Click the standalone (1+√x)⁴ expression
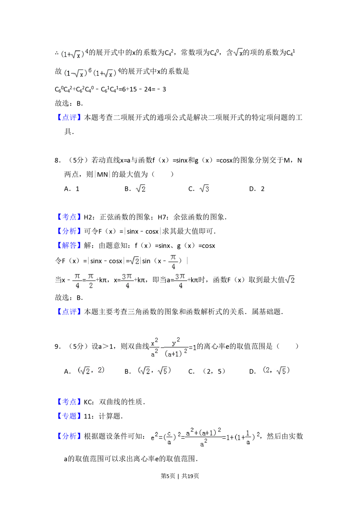tap(73, 54)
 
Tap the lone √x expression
tap(238, 53)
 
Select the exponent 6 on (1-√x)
tap(90, 70)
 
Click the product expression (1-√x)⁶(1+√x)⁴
tap(91, 73)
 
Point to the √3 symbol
tap(204, 188)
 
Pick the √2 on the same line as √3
tap(141, 188)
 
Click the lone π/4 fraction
tap(173, 262)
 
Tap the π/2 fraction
tap(90, 281)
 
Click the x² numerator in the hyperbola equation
tap(154, 342)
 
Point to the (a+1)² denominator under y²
tap(176, 354)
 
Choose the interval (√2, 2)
tap(91, 371)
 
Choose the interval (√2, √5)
tap(154, 371)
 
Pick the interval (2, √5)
tap(275, 371)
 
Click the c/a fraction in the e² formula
tap(169, 438)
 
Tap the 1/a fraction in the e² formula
tap(248, 438)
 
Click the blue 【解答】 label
tap(69, 246)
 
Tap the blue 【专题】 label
tap(69, 416)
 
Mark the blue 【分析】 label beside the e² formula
tap(69, 437)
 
